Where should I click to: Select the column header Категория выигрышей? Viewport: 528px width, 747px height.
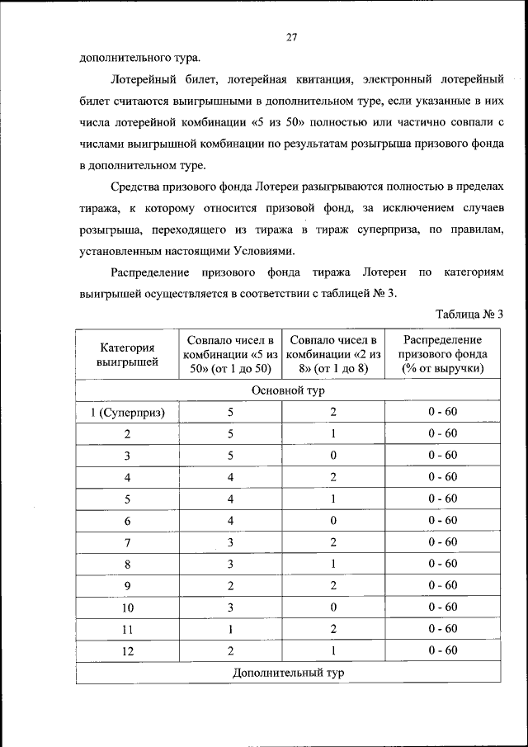click(x=127, y=354)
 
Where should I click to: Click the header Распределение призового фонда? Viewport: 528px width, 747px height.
click(x=443, y=354)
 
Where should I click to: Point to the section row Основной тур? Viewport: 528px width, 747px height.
click(x=288, y=390)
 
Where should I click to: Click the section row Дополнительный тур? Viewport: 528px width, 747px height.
click(x=288, y=673)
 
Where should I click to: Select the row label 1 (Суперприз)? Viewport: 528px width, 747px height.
click(x=127, y=412)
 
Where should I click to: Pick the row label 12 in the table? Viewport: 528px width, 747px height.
click(x=127, y=650)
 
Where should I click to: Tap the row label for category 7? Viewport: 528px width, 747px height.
click(x=127, y=542)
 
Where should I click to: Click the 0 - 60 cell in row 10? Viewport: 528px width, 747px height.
click(x=443, y=608)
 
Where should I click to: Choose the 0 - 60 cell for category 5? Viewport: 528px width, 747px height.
click(x=443, y=499)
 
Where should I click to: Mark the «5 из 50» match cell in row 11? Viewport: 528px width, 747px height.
click(x=231, y=629)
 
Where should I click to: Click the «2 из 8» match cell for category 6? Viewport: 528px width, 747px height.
click(x=333, y=521)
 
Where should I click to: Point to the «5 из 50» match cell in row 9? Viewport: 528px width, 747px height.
click(x=231, y=586)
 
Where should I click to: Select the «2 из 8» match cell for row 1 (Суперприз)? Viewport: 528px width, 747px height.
click(x=333, y=412)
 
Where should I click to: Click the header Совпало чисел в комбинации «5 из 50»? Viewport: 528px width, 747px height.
click(x=231, y=354)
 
